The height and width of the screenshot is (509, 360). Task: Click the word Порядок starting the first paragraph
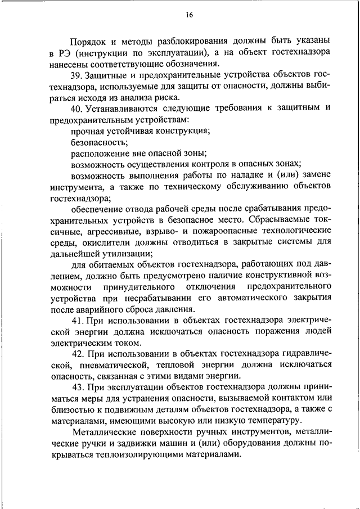tap(89, 41)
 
